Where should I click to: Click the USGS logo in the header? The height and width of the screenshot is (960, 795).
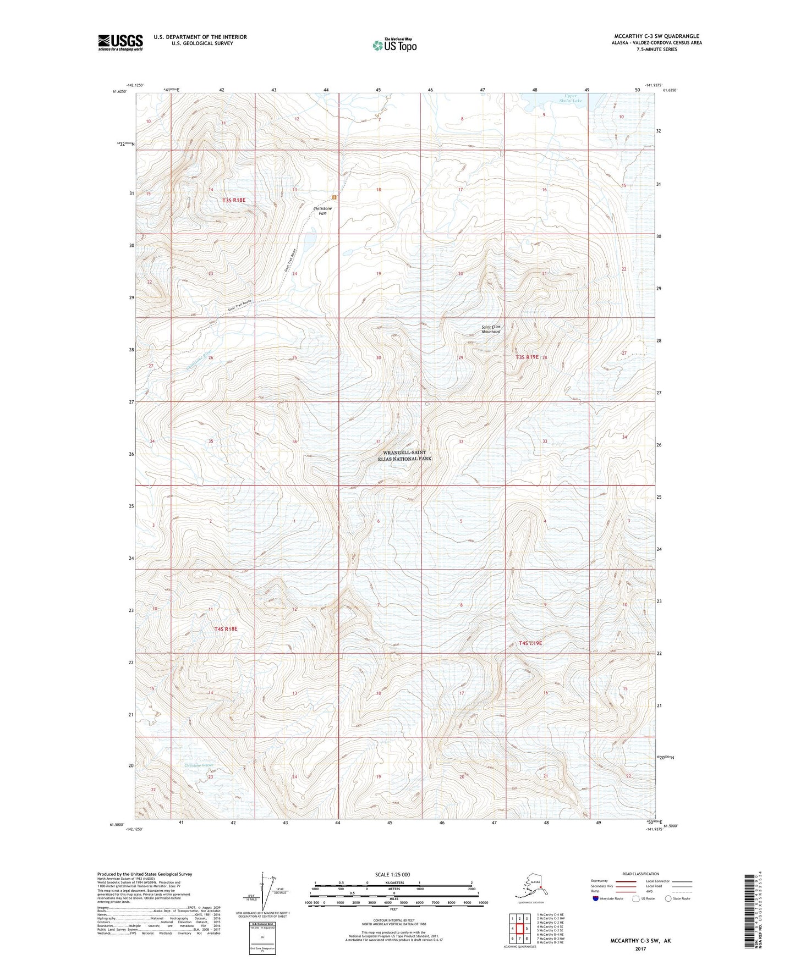(120, 42)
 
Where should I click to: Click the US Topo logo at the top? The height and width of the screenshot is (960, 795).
(394, 45)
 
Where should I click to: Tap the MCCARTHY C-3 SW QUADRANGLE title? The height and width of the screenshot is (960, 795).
(656, 36)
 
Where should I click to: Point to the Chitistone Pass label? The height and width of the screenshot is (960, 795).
(322, 211)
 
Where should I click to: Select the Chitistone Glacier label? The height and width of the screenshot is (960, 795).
(199, 765)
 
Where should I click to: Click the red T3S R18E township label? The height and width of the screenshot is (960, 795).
(234, 201)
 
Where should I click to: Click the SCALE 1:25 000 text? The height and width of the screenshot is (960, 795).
(392, 874)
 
